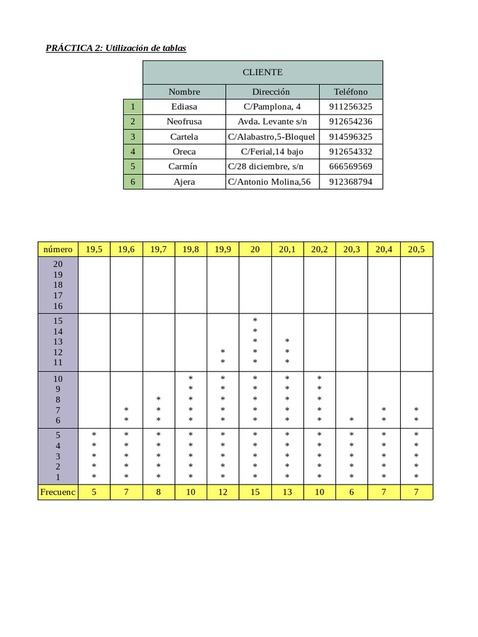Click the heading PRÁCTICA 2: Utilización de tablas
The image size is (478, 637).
[116, 48]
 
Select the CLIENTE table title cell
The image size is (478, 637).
[263, 72]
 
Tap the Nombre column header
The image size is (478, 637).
[184, 91]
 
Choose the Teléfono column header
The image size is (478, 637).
[350, 91]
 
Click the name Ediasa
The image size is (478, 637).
[184, 106]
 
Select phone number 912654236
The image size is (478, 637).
[350, 121]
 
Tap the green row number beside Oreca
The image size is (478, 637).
[133, 151]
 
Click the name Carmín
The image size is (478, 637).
[184, 166]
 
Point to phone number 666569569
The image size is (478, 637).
[350, 166]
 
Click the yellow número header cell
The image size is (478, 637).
[58, 249]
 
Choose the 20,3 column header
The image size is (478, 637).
[352, 249]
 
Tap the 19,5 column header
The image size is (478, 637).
[94, 249]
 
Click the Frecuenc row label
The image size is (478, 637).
[58, 492]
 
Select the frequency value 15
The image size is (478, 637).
[255, 492]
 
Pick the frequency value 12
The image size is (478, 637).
[223, 492]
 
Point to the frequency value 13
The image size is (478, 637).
[287, 492]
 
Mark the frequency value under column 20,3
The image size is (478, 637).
[352, 492]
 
